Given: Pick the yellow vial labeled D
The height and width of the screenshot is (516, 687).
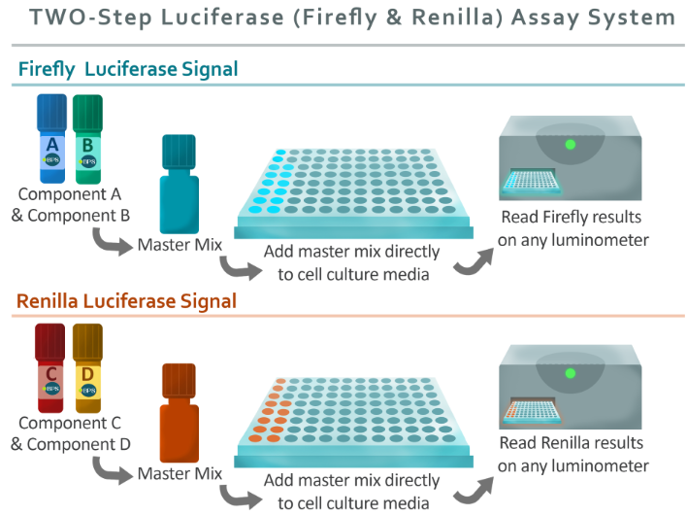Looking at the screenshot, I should coord(87,369).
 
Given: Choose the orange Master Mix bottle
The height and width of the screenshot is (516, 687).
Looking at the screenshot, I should coord(180,412).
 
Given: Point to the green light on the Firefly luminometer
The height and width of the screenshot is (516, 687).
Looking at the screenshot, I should coord(570,145).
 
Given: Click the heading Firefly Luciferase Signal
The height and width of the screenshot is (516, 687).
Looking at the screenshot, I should coord(127,70).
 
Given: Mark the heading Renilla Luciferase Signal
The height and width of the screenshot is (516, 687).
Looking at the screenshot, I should coord(126,302).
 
